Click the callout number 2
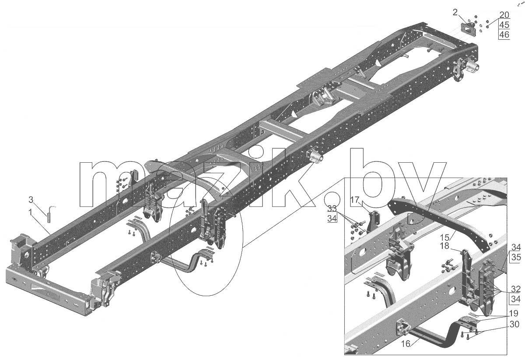[x=455, y=12]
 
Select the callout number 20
[x=504, y=15]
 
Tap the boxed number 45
[x=504, y=25]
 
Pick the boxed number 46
[x=504, y=35]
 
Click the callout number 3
[x=31, y=200]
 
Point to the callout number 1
[x=30, y=213]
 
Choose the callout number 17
[x=355, y=200]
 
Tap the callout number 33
[x=332, y=208]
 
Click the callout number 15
[x=444, y=237]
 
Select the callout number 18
[x=444, y=246]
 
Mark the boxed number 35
[x=516, y=257]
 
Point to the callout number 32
[x=516, y=289]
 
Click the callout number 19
[x=513, y=313]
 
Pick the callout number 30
[x=514, y=324]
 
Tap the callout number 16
[x=406, y=344]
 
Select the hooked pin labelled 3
[x=49, y=214]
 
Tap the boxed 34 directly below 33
[x=332, y=218]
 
